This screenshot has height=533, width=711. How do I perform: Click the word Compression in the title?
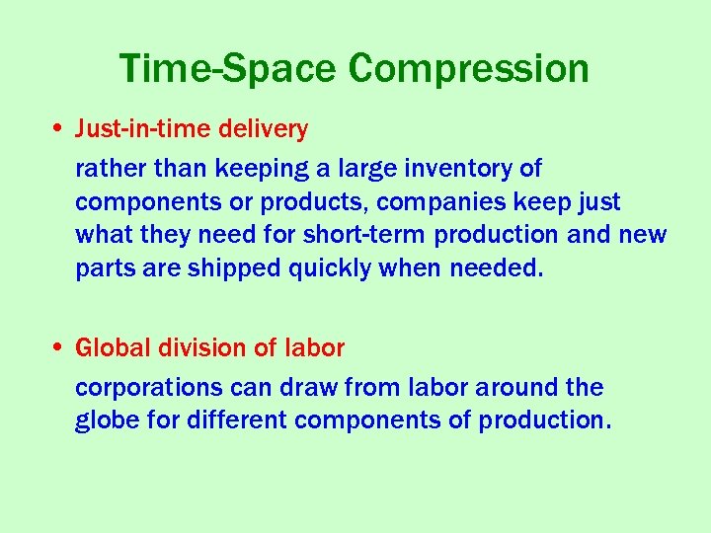(469, 69)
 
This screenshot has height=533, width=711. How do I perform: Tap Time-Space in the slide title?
(229, 69)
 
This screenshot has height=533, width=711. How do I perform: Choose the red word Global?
(109, 348)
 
